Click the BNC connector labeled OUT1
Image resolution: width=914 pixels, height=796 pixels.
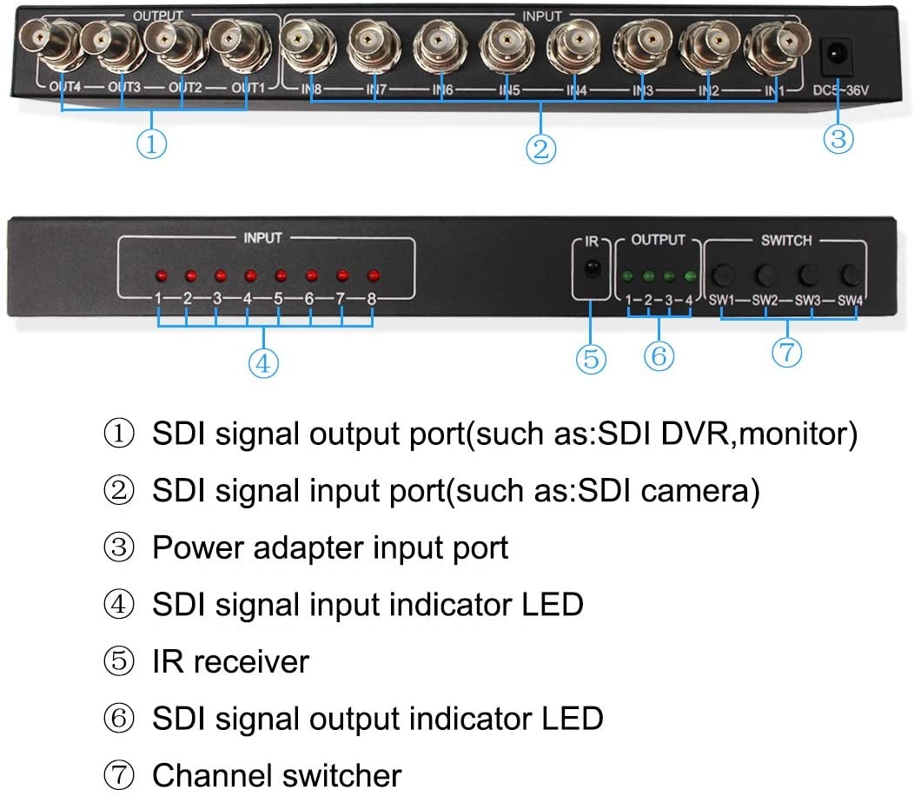234,41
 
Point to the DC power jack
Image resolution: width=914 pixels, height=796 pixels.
838,54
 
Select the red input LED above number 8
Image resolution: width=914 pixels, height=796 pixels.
374,276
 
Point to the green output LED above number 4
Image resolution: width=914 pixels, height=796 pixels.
690,277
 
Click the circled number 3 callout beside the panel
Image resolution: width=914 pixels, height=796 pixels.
838,140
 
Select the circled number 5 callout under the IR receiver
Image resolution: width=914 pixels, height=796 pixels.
591,358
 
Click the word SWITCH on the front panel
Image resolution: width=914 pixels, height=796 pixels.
785,240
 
